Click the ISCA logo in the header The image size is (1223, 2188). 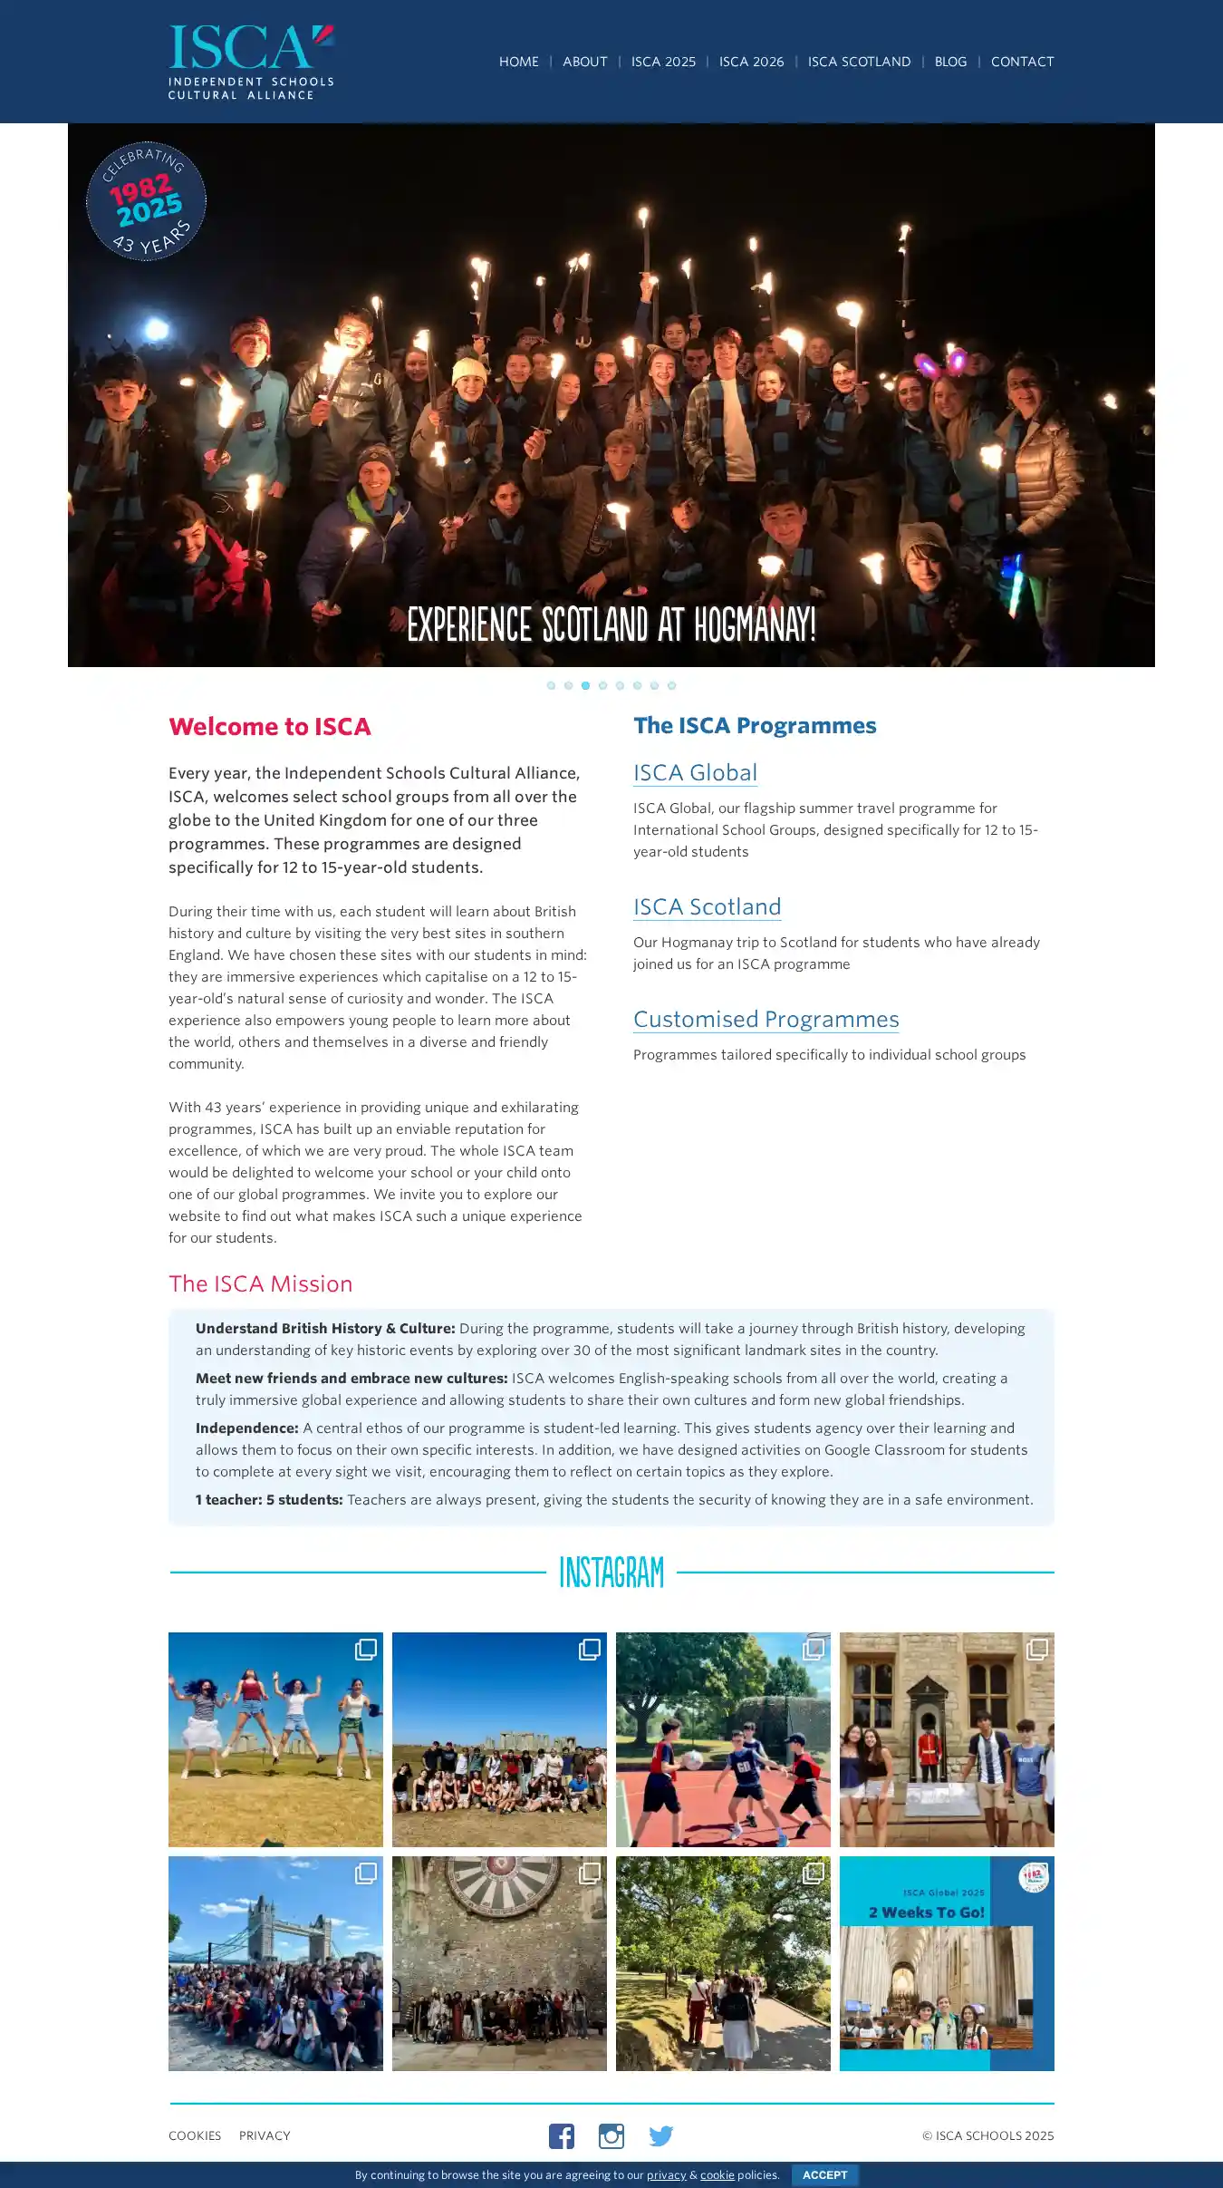coord(251,62)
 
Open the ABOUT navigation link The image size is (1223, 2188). coord(584,62)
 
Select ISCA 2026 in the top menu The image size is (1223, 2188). coord(751,62)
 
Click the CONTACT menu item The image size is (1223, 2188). coord(1022,62)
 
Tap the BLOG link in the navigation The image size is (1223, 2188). coord(950,62)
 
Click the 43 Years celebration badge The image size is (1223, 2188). coord(146,201)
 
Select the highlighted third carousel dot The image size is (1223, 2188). coord(585,685)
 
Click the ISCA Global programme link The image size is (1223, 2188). coord(695,773)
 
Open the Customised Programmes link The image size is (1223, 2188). coord(766,1020)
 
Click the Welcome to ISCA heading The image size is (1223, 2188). coord(270,727)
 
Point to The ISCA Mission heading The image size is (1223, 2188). coord(260,1284)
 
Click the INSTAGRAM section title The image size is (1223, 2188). coord(611,1573)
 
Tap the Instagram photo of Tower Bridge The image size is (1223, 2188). coord(275,1963)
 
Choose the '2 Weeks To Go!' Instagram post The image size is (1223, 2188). coord(947,1963)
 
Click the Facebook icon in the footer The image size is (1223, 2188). coord(562,2136)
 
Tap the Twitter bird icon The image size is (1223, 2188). coord(661,2136)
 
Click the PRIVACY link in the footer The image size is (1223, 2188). coord(265,2136)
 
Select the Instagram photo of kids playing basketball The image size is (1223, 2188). coord(723,1740)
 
